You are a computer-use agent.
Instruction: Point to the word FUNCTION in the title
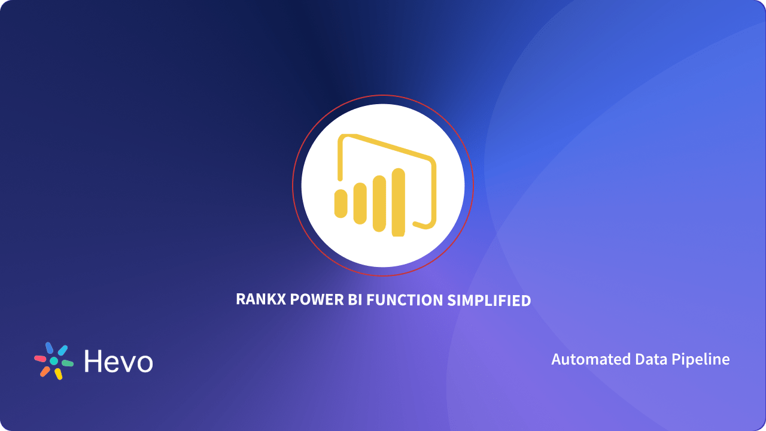click(405, 300)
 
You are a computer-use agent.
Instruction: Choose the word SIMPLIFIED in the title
click(490, 300)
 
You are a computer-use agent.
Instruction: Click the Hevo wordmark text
click(118, 362)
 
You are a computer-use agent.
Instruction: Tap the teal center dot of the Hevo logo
click(54, 362)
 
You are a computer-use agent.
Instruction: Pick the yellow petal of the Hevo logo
click(58, 374)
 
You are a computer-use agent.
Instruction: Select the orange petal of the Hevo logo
click(45, 371)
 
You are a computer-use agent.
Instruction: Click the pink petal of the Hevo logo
click(40, 359)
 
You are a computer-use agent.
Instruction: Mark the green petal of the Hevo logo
click(67, 363)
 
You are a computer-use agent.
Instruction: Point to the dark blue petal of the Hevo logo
click(49, 348)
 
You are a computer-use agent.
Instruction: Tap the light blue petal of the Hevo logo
click(62, 350)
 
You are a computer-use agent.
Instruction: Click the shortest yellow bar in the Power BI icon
click(341, 202)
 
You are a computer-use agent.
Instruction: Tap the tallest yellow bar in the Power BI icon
click(399, 202)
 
